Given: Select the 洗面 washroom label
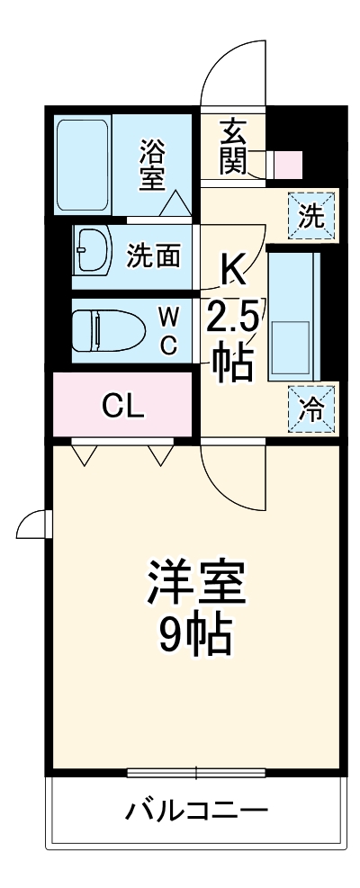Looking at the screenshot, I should tap(153, 256).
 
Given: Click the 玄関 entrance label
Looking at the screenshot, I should tap(231, 147).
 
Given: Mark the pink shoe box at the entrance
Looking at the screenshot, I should tap(289, 166).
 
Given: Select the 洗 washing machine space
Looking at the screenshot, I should tap(310, 216).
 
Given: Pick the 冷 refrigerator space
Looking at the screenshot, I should tap(310, 410).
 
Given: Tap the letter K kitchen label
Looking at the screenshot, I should tap(231, 268).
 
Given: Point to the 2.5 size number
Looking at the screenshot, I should tap(233, 318).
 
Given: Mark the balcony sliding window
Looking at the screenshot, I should tap(195, 772).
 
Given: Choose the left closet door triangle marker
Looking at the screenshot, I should tap(84, 456).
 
